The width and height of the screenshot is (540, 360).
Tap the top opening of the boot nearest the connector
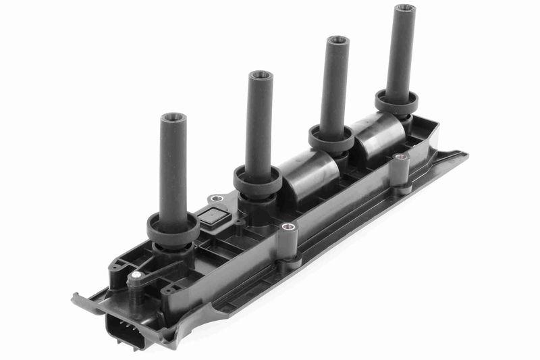pos(174,117)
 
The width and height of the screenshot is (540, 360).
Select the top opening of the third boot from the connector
pos(337,41)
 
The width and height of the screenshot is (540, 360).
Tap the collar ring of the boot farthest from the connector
pos(398,103)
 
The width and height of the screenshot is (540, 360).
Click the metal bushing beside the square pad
pos(216,199)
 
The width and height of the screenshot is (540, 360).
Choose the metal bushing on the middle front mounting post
pos(288,228)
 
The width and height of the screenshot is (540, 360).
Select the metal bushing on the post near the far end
pos(400,157)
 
